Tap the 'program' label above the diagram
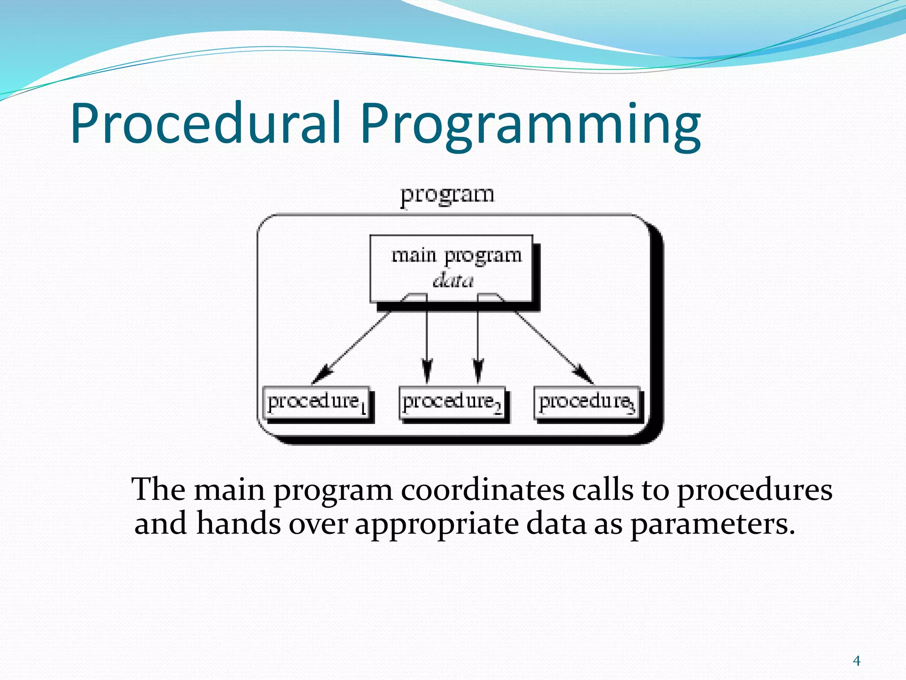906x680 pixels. point(447,195)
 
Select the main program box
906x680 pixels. point(451,268)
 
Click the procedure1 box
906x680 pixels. point(316,402)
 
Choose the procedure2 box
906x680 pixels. point(452,402)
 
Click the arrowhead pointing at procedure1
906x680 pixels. point(322,374)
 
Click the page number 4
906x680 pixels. point(856,661)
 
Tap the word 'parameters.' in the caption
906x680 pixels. point(713,524)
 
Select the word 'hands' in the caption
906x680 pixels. point(238,523)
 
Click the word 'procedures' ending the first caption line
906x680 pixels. point(755,491)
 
